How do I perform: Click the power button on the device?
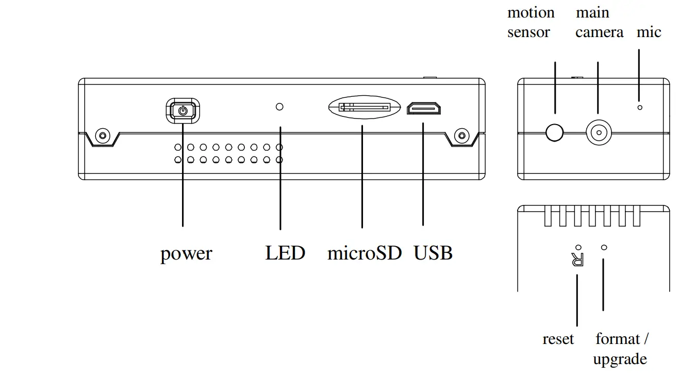(x=183, y=110)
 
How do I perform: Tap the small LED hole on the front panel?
(x=280, y=107)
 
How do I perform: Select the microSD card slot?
(x=365, y=108)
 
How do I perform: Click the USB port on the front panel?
(x=424, y=109)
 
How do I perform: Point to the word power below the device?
(x=186, y=253)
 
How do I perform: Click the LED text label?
(x=285, y=253)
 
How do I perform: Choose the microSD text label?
(x=364, y=253)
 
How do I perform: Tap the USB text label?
(x=433, y=253)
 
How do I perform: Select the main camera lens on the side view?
(x=598, y=132)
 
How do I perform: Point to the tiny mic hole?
(x=640, y=107)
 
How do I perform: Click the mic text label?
(x=649, y=32)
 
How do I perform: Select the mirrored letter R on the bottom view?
(x=578, y=260)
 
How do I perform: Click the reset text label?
(x=558, y=339)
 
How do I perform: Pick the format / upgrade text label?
(x=621, y=349)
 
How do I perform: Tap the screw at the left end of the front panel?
(x=103, y=136)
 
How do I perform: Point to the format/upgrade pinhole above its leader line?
(x=604, y=247)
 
